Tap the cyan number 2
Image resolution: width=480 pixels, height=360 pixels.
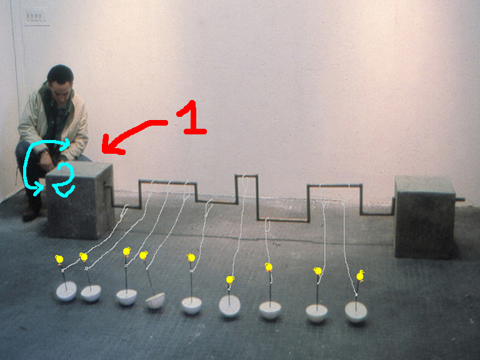[64, 180]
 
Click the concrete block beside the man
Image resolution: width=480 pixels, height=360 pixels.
[80, 200]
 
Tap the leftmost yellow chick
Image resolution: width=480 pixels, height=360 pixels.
[59, 259]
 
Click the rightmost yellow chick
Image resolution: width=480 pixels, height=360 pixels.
[360, 276]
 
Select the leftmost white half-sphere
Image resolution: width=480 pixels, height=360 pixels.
[66, 291]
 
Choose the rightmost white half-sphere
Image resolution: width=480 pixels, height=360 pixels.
[356, 312]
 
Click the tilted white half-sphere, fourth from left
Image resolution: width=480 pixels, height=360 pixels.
[155, 300]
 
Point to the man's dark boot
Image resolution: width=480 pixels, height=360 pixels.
[32, 209]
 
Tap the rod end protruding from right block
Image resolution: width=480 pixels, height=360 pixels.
[460, 199]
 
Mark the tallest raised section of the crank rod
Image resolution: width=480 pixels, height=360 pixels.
[246, 176]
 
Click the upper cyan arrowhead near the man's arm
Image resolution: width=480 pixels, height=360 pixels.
[65, 144]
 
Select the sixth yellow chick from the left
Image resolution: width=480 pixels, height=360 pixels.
[230, 280]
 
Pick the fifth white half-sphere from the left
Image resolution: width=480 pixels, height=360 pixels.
[192, 305]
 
